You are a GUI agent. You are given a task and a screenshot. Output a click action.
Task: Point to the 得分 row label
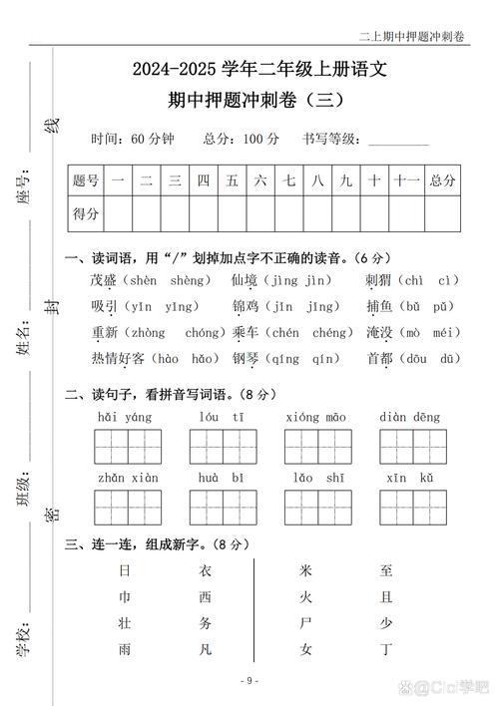point(85,213)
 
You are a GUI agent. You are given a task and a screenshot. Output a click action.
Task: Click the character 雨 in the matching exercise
point(124,649)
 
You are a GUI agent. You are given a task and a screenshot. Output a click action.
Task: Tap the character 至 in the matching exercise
point(386,571)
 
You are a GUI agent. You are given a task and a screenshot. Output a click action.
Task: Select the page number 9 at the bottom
point(249,680)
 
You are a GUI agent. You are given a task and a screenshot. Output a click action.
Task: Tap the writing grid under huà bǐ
point(222,509)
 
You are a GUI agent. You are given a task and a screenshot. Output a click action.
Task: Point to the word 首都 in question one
point(380,358)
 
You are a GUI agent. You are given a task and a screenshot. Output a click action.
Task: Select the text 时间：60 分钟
point(133,138)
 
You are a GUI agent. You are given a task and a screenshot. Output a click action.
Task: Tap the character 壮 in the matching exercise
point(124,623)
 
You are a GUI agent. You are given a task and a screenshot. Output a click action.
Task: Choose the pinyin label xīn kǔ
point(412,478)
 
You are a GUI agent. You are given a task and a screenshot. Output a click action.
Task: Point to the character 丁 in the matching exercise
point(386,649)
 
